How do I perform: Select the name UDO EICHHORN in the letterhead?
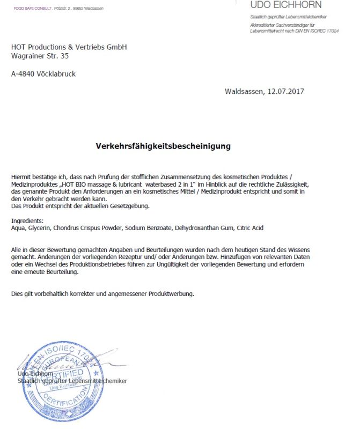(x=286, y=5)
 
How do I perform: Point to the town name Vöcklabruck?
(x=56, y=74)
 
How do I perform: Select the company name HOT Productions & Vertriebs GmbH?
(x=69, y=47)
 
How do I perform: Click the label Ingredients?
(x=27, y=221)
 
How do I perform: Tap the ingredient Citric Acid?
(x=251, y=228)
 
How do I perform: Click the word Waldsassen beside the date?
(x=244, y=91)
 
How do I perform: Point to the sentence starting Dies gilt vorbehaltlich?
(x=102, y=294)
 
